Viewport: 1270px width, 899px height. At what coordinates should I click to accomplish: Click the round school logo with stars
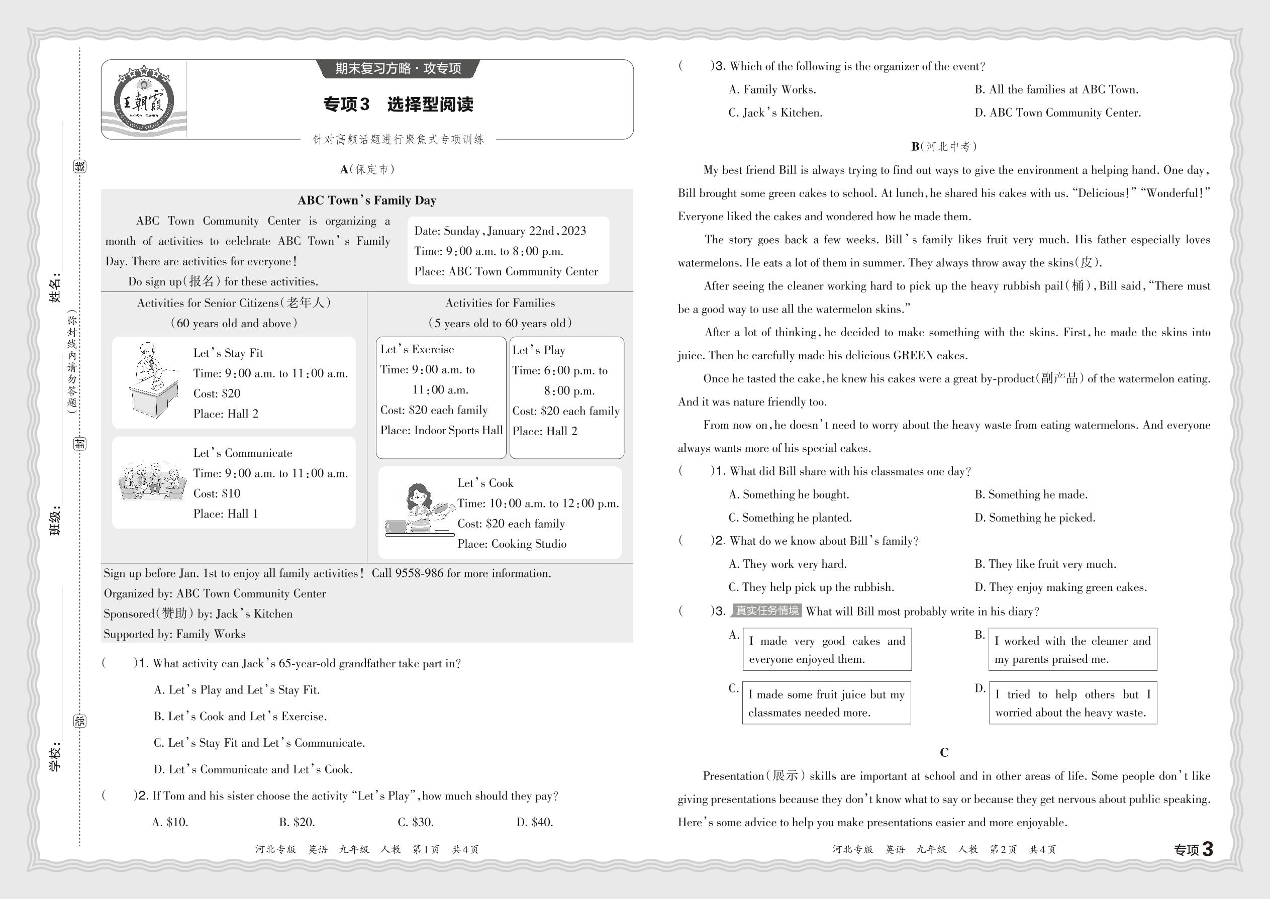tap(144, 99)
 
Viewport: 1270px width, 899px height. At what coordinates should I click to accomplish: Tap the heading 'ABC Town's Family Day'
tap(366, 201)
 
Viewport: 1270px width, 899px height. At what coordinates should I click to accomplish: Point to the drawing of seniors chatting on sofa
tap(152, 480)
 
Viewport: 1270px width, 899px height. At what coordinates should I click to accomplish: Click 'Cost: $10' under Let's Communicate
tap(217, 494)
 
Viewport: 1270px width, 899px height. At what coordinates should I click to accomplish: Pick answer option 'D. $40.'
tap(534, 822)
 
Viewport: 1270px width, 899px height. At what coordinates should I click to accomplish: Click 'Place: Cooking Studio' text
tap(512, 544)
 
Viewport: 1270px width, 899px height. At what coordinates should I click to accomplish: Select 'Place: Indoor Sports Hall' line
tap(441, 431)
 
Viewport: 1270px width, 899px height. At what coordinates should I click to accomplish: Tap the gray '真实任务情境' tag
tap(767, 611)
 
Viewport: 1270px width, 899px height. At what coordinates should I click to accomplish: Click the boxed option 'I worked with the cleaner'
tap(1072, 649)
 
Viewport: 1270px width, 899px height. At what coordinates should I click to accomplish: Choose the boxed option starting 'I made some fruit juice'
tap(826, 703)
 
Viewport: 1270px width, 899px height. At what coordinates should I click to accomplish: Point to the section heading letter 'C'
tap(944, 753)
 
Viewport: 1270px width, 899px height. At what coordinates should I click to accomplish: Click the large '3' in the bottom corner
tap(1208, 849)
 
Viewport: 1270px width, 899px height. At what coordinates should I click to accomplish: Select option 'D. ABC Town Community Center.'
tap(1057, 113)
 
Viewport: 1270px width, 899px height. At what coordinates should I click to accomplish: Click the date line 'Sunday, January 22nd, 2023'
tap(500, 231)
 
